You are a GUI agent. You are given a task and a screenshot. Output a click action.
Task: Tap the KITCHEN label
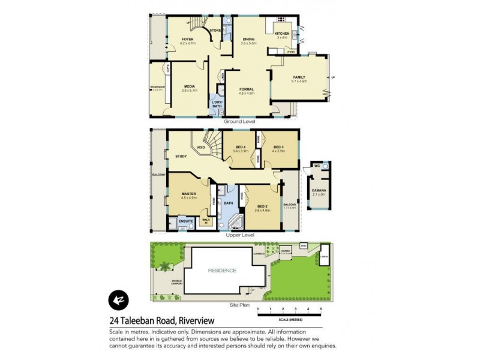(x=282, y=34)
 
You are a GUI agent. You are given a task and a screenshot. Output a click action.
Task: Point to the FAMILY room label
(x=299, y=77)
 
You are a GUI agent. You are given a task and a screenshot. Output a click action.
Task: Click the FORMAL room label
(x=247, y=89)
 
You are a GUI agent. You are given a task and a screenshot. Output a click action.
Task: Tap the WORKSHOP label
(x=157, y=88)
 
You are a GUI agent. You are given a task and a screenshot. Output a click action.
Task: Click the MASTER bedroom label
(x=190, y=194)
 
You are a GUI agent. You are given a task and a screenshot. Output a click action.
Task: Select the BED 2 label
(x=262, y=206)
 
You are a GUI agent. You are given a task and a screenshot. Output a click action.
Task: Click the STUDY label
(x=181, y=157)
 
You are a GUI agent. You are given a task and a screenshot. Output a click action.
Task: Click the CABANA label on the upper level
(x=318, y=191)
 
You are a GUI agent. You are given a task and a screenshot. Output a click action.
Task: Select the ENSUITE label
(x=185, y=221)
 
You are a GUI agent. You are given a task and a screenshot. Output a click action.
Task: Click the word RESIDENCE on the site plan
(x=223, y=271)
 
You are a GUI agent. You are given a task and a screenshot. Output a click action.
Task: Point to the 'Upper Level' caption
(x=240, y=235)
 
